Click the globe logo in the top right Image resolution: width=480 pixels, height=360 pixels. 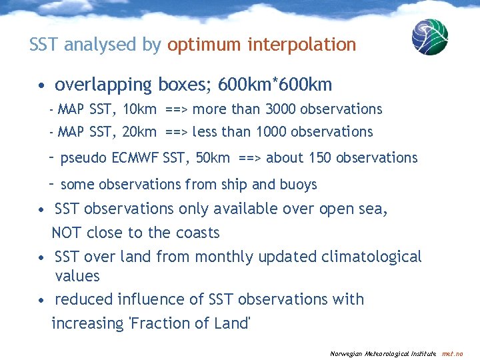point(429,37)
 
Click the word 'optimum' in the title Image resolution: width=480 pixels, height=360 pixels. point(205,45)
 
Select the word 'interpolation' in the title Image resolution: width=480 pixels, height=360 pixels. point(302,45)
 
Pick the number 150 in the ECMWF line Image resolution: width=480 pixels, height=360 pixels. point(321,158)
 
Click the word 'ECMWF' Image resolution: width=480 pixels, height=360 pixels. point(135,158)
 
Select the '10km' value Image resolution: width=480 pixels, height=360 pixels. point(140,109)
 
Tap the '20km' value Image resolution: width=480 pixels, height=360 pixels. point(140,132)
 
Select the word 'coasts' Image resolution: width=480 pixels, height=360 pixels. point(197,233)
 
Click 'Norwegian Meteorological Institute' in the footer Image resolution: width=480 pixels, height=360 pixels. point(383,353)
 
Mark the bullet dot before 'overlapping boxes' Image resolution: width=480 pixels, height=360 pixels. point(41,86)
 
